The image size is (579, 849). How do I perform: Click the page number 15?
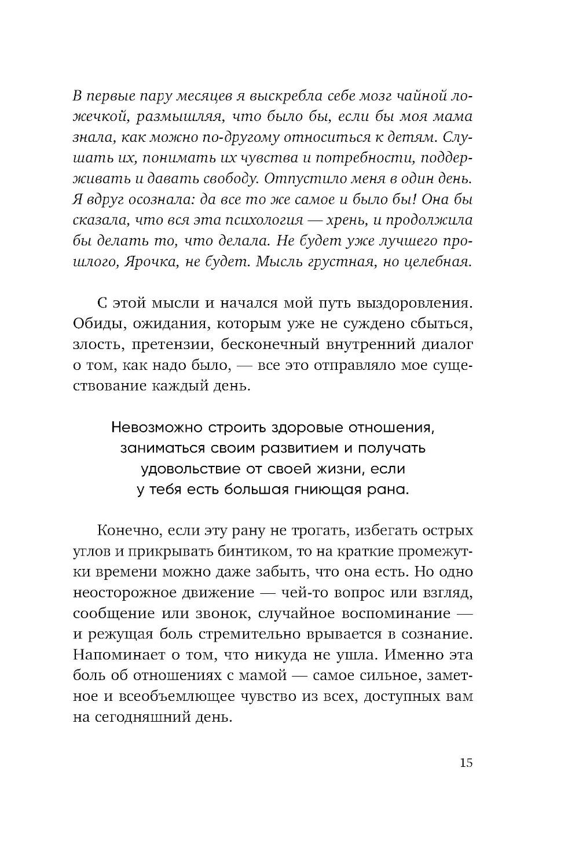point(466,762)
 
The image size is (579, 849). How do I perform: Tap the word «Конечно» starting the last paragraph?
point(124,530)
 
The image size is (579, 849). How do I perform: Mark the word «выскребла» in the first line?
point(260,95)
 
